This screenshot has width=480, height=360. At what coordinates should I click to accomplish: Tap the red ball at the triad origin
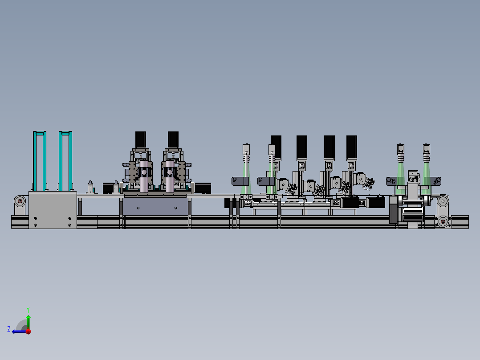point(28,331)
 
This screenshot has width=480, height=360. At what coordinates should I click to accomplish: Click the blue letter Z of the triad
point(9,329)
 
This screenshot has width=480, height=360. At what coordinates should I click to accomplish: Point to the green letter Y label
point(28,309)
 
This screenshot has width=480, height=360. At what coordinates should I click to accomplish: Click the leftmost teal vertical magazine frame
point(39,160)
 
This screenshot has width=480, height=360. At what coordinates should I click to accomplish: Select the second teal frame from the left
point(65,160)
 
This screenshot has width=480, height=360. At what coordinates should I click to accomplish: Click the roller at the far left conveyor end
point(20,201)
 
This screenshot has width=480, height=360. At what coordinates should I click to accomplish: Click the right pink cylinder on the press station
point(169,178)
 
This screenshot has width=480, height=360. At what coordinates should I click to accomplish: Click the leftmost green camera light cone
point(245,178)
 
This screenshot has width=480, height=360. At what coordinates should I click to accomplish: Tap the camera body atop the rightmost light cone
point(427,148)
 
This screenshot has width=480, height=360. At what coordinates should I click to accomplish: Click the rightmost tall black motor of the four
point(351,147)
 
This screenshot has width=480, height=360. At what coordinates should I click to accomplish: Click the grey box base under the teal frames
point(53,210)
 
